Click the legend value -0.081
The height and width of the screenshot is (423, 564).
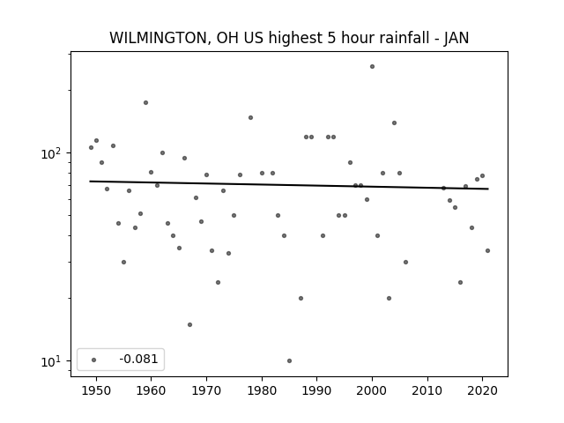[138, 359]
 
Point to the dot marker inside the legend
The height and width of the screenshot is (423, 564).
[94, 360]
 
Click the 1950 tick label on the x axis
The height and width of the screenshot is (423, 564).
[96, 391]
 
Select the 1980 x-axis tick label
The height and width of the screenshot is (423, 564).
[262, 391]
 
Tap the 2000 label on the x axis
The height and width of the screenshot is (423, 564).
[372, 391]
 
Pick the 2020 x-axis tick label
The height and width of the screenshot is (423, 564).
[483, 391]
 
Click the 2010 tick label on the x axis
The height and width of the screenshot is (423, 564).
[427, 391]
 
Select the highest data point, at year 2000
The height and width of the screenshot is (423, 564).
[372, 67]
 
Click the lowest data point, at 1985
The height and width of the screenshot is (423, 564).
[290, 360]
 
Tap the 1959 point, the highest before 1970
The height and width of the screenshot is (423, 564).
[145, 102]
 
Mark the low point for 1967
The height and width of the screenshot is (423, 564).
[190, 325]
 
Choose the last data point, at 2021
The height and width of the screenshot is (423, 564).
[487, 250]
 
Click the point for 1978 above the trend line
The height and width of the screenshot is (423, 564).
[250, 117]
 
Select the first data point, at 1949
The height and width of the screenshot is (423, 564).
[91, 147]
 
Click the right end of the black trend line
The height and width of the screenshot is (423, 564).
[488, 189]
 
